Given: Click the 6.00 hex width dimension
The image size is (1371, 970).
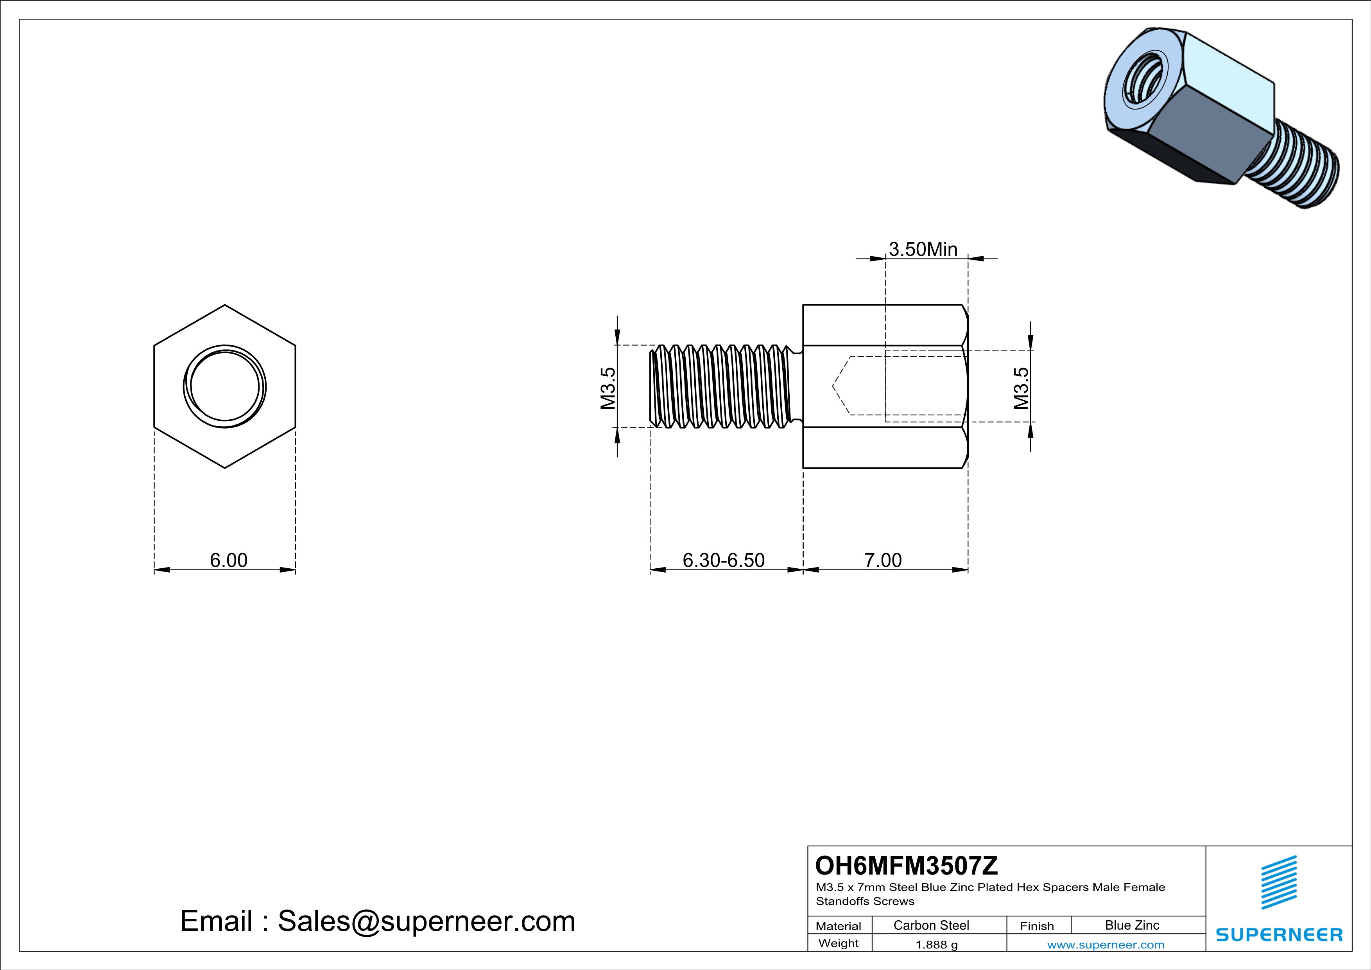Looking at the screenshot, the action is coord(228,560).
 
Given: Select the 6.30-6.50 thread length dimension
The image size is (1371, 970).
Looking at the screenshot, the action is coord(723,560).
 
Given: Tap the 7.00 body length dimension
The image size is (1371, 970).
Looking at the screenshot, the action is coord(883,560).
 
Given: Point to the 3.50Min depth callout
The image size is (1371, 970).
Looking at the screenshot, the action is coord(923,249).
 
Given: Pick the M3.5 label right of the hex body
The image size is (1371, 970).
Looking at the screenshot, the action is coord(1022,388).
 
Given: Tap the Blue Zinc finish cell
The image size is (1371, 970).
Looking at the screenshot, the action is coord(1132,925).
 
